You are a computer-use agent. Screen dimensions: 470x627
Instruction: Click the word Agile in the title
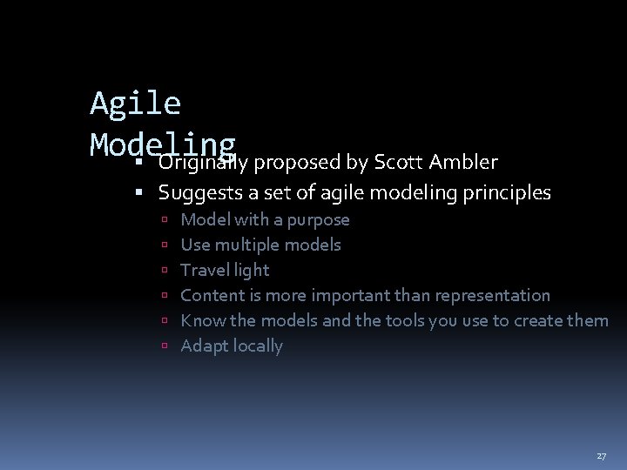coord(135,104)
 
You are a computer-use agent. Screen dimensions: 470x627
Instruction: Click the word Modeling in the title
coord(163,144)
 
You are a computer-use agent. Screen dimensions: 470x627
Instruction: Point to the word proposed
coord(301,163)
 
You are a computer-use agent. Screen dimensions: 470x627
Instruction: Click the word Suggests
coord(198,192)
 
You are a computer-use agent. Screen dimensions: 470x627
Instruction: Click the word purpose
coord(318,220)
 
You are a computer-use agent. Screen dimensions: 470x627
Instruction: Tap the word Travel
coord(203,270)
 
